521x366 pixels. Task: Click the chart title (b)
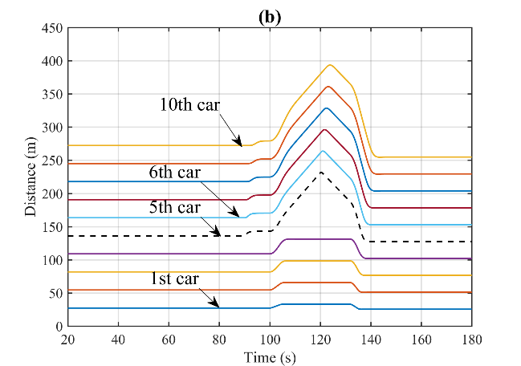click(270, 17)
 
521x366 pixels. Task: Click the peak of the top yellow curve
click(330, 65)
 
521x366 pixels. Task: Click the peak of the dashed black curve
click(321, 172)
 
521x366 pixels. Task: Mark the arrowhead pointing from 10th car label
click(241, 144)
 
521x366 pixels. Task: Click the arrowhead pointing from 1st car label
click(218, 307)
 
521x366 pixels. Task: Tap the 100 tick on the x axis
click(270, 339)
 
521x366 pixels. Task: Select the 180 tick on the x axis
click(471, 339)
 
